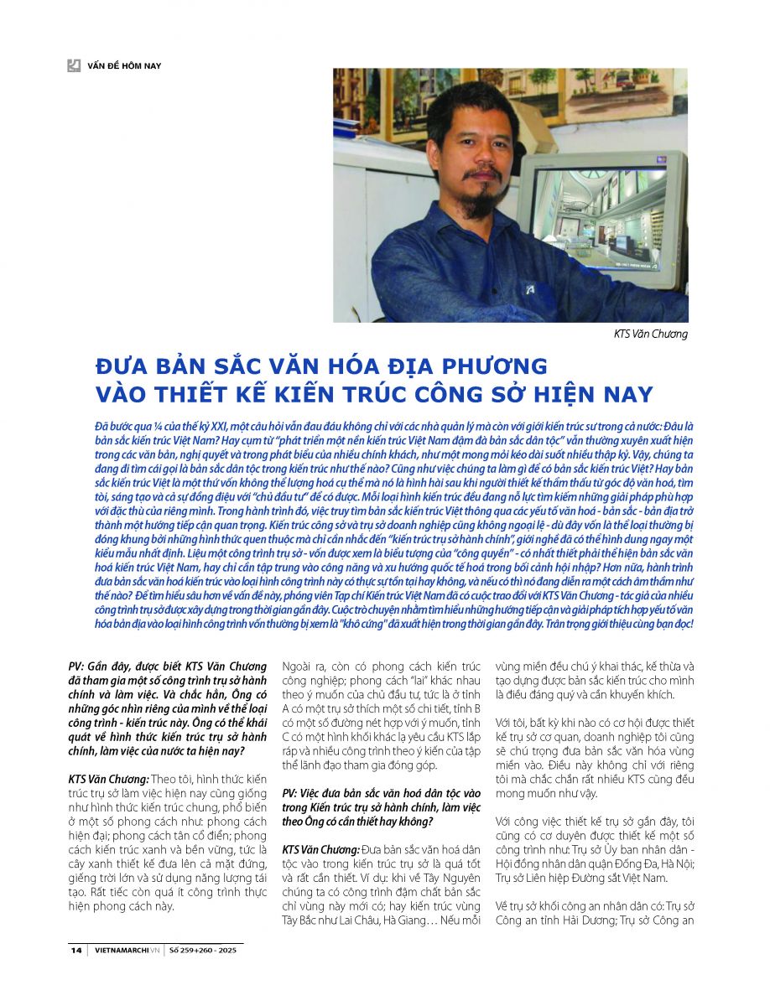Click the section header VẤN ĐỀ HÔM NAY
(x=123, y=65)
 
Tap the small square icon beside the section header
(x=74, y=65)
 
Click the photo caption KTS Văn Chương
(x=651, y=334)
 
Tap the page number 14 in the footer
(x=76, y=950)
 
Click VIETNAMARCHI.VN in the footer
(x=126, y=950)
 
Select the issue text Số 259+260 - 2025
(x=205, y=950)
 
